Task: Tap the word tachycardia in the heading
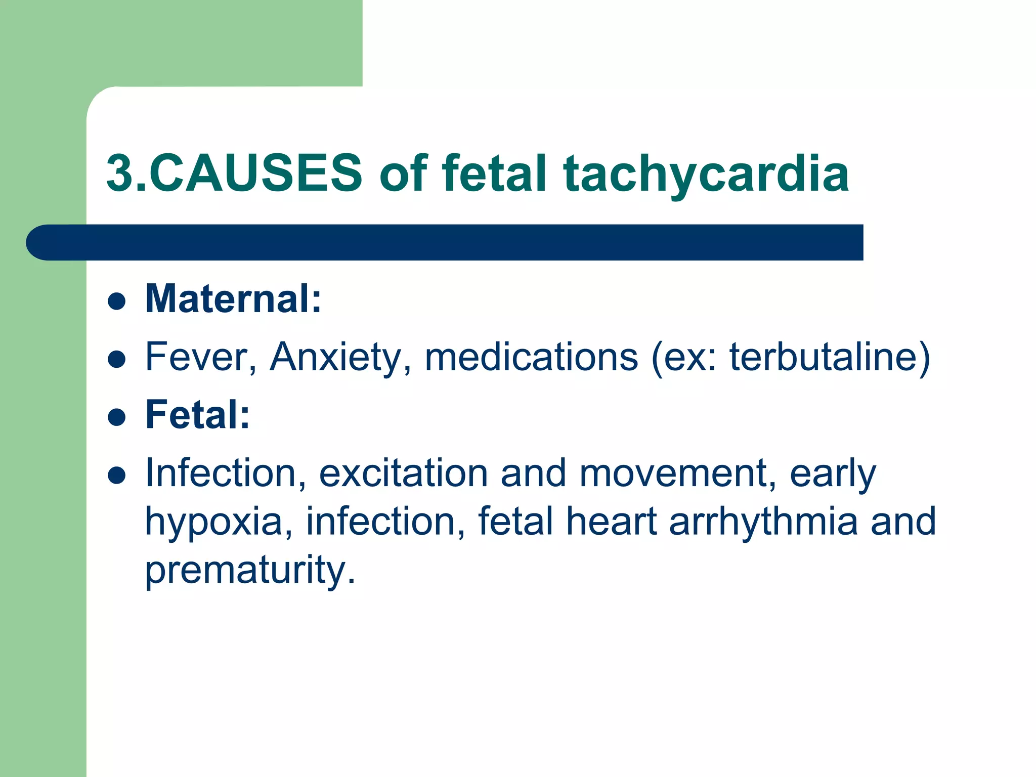tap(706, 175)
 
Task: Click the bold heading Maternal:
tap(233, 299)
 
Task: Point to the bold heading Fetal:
tap(197, 415)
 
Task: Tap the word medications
tap(531, 358)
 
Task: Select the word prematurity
tap(250, 570)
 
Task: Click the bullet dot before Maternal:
tap(117, 301)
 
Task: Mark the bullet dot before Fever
tap(117, 360)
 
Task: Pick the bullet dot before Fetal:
tap(117, 418)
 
